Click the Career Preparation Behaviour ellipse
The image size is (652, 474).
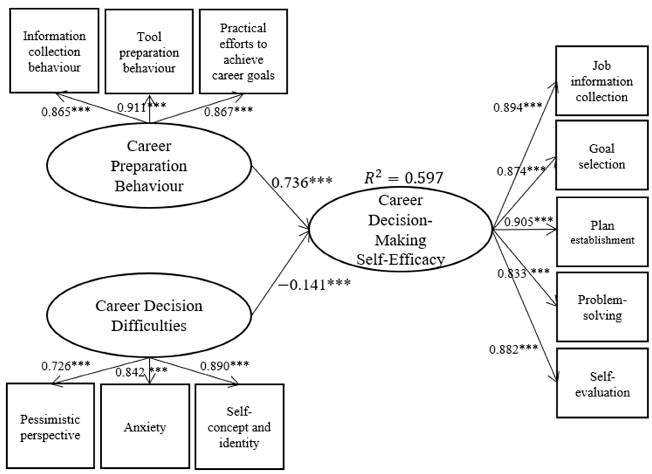click(149, 166)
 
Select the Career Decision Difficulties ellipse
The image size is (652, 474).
click(149, 316)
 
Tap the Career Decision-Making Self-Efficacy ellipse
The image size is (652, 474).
click(400, 229)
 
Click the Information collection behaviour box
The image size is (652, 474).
click(54, 51)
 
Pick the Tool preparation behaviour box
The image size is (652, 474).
click(149, 52)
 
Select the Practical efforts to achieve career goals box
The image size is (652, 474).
click(243, 52)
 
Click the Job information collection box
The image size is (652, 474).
click(602, 81)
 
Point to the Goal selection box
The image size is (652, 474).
click(602, 156)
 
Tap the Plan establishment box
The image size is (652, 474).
click(602, 232)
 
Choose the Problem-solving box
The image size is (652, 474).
click(602, 307)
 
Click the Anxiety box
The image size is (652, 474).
click(145, 427)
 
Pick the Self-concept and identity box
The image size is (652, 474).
click(239, 427)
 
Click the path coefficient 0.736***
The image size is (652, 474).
click(302, 182)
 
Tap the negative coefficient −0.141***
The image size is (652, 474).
click(314, 284)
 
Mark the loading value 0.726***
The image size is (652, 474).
click(65, 366)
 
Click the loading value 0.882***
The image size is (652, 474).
click(513, 349)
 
